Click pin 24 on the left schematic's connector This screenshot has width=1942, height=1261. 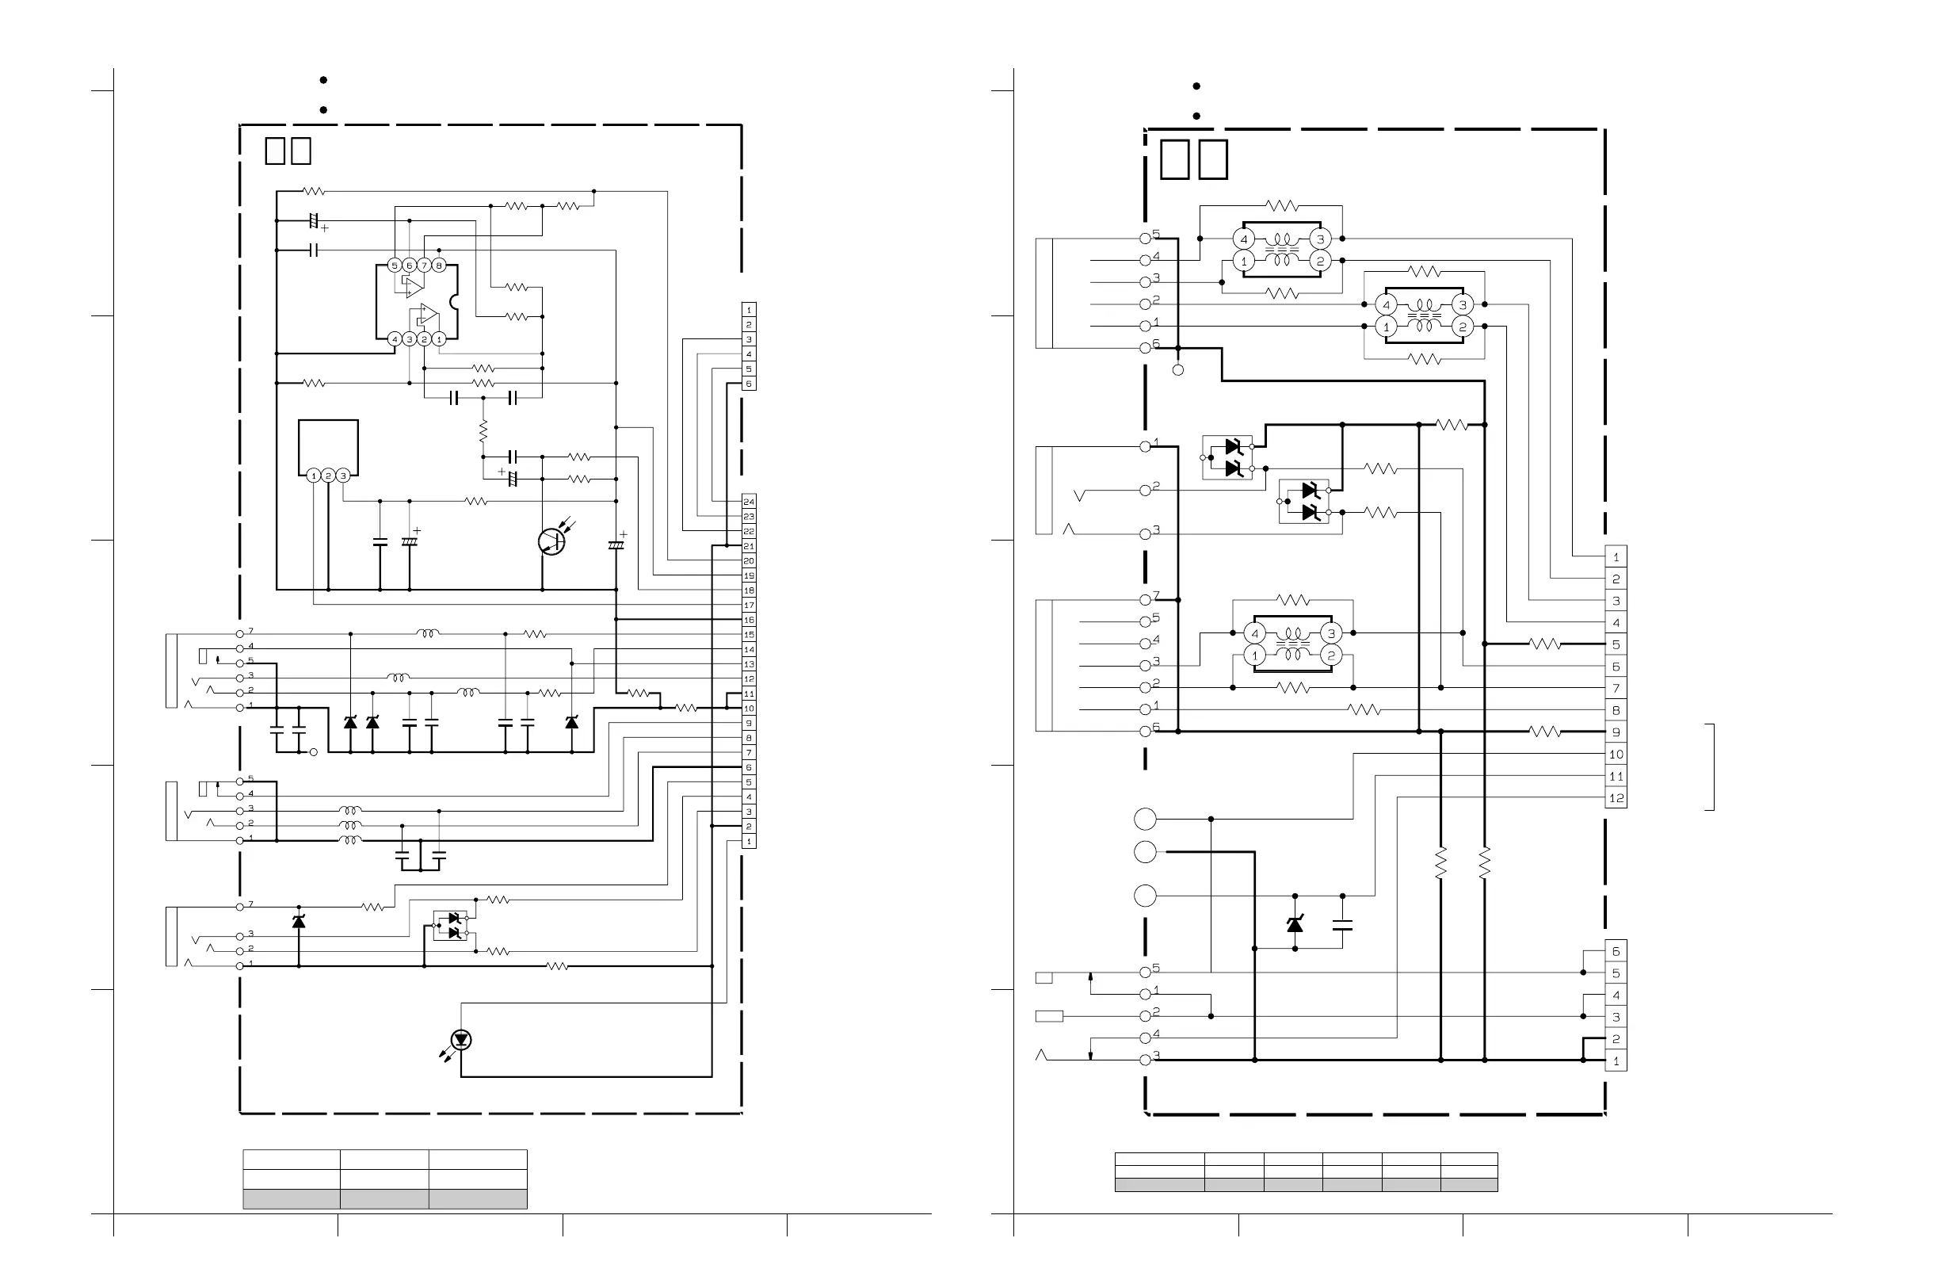pyautogui.click(x=748, y=501)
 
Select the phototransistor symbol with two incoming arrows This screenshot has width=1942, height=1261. pyautogui.click(x=551, y=541)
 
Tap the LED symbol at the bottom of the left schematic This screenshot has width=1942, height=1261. pyautogui.click(x=462, y=1039)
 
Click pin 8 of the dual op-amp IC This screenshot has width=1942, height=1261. pyautogui.click(x=439, y=266)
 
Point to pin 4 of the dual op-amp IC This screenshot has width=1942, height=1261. pyautogui.click(x=395, y=338)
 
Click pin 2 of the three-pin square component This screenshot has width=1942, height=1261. pyautogui.click(x=328, y=475)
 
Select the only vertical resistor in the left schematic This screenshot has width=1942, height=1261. pyautogui.click(x=483, y=430)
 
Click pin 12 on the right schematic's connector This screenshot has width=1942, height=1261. pyautogui.click(x=1616, y=797)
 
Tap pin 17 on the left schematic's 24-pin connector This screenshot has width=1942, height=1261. pyautogui.click(x=748, y=605)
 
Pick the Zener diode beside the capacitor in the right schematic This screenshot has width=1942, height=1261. pyautogui.click(x=1295, y=923)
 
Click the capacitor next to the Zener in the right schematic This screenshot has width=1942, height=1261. pyautogui.click(x=1342, y=925)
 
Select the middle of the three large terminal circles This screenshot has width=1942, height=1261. pyautogui.click(x=1145, y=852)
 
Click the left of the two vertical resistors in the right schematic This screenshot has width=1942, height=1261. pyautogui.click(x=1441, y=862)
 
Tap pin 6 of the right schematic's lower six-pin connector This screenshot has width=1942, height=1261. pyautogui.click(x=1616, y=951)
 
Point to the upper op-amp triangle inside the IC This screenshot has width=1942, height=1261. pyautogui.click(x=414, y=286)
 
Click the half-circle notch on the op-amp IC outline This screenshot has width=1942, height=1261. pyautogui.click(x=455, y=302)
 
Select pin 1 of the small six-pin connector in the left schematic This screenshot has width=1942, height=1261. pyautogui.click(x=748, y=310)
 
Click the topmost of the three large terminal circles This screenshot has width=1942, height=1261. pyautogui.click(x=1145, y=818)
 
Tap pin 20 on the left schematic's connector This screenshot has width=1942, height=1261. pyautogui.click(x=748, y=560)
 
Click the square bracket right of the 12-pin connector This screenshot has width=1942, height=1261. pyautogui.click(x=1711, y=766)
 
